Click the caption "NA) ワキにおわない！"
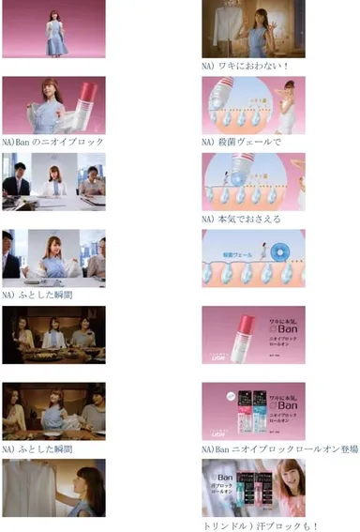245,66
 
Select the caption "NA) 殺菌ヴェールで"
241,142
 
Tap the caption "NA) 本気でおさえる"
241,219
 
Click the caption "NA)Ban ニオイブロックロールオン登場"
280,448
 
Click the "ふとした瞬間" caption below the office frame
38,295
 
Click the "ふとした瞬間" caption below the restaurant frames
38,448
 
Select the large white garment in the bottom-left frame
33,488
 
